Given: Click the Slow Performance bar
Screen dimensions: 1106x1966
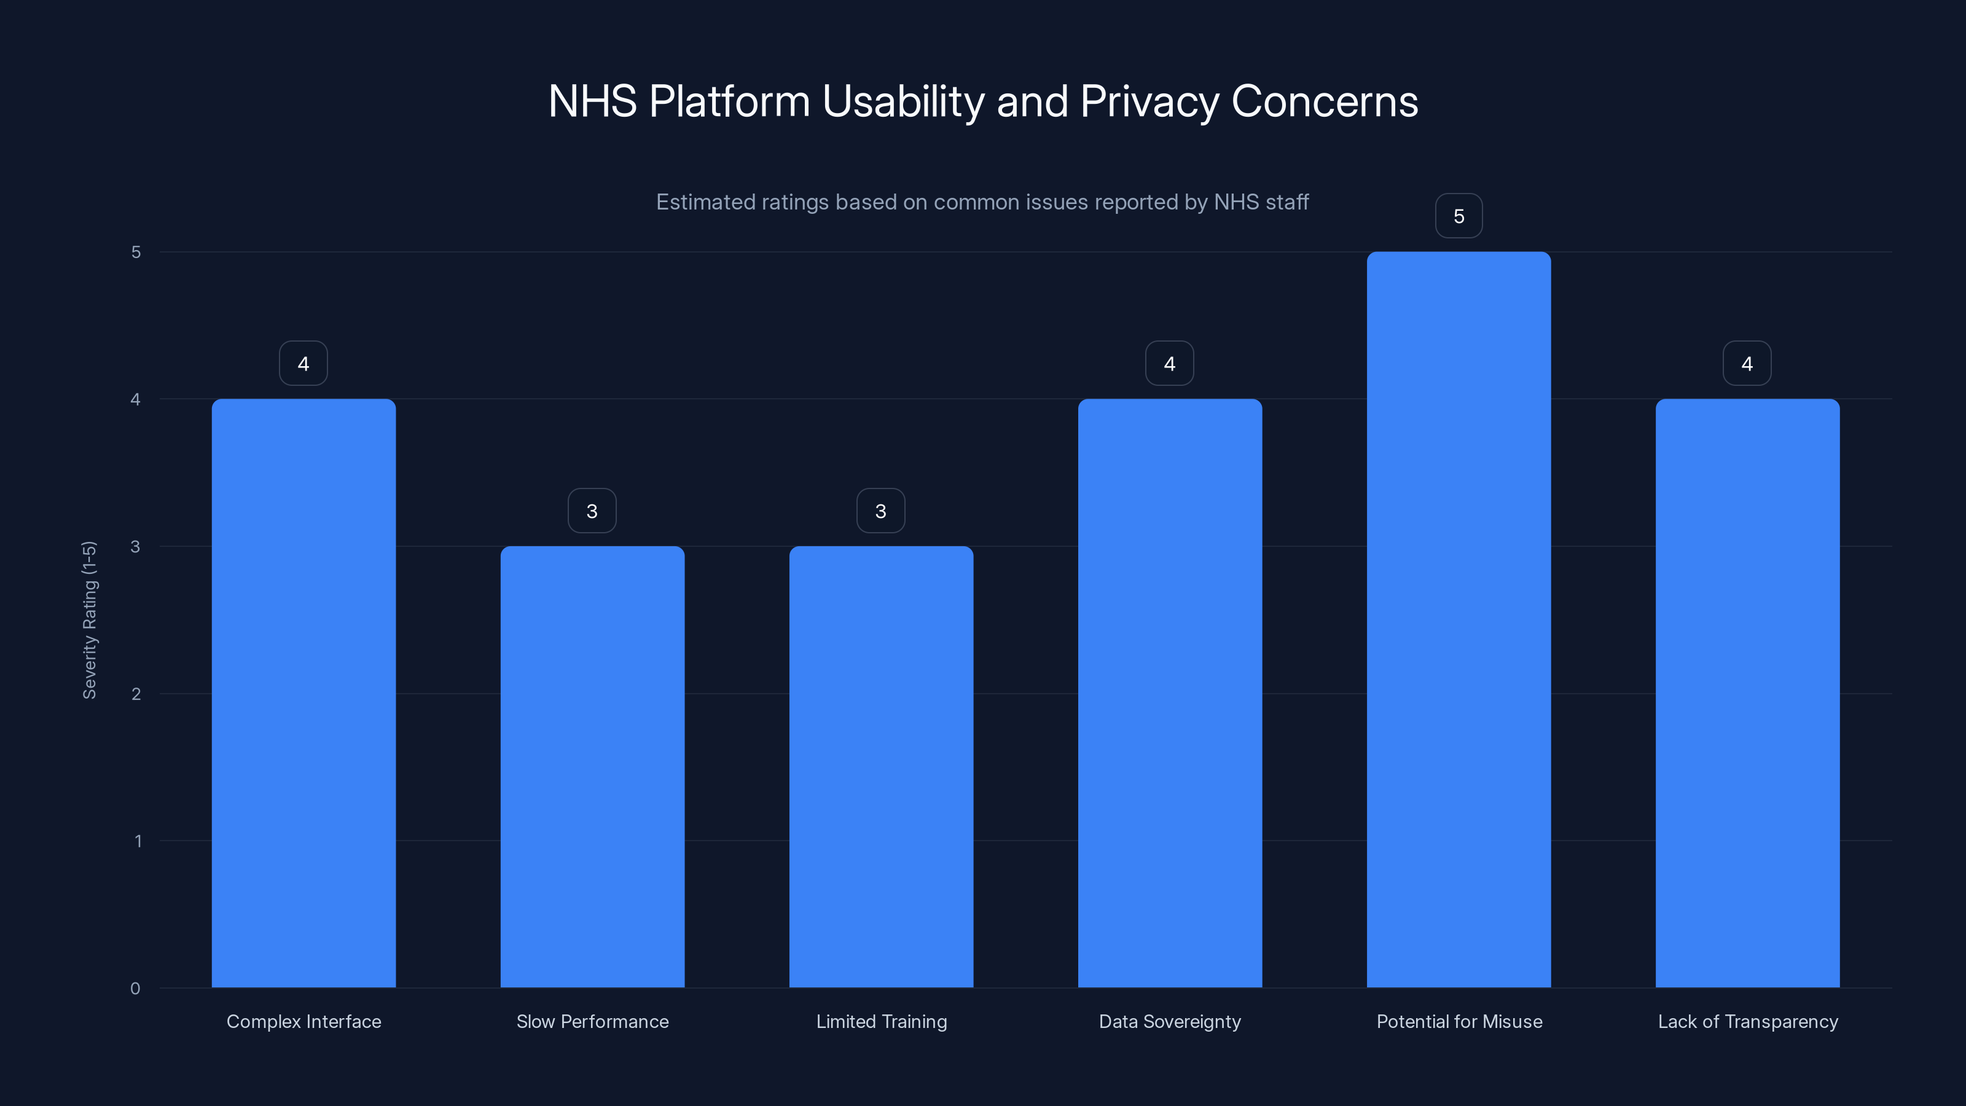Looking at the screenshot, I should point(592,766).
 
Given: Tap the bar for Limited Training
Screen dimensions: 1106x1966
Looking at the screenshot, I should point(881,766).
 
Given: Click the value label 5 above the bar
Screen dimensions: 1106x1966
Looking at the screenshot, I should point(1459,216).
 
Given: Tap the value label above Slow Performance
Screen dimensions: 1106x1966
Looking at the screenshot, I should point(592,511).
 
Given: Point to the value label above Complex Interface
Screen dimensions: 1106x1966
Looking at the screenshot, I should point(304,363).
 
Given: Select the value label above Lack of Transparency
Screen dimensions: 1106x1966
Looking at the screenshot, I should point(1747,363).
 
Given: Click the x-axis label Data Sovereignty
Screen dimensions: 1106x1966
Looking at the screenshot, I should point(1169,1021).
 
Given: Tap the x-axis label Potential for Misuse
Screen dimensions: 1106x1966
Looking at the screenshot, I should point(1459,1021).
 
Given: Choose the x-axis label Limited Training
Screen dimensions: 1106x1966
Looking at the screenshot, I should point(881,1021).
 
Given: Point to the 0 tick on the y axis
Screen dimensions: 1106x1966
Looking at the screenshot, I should point(135,989).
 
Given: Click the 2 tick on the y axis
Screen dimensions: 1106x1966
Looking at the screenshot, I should point(136,694).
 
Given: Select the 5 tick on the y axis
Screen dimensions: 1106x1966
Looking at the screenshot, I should point(136,252).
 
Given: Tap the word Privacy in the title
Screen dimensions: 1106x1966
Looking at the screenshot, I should point(1149,101).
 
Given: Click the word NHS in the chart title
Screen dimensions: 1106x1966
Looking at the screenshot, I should point(592,101).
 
